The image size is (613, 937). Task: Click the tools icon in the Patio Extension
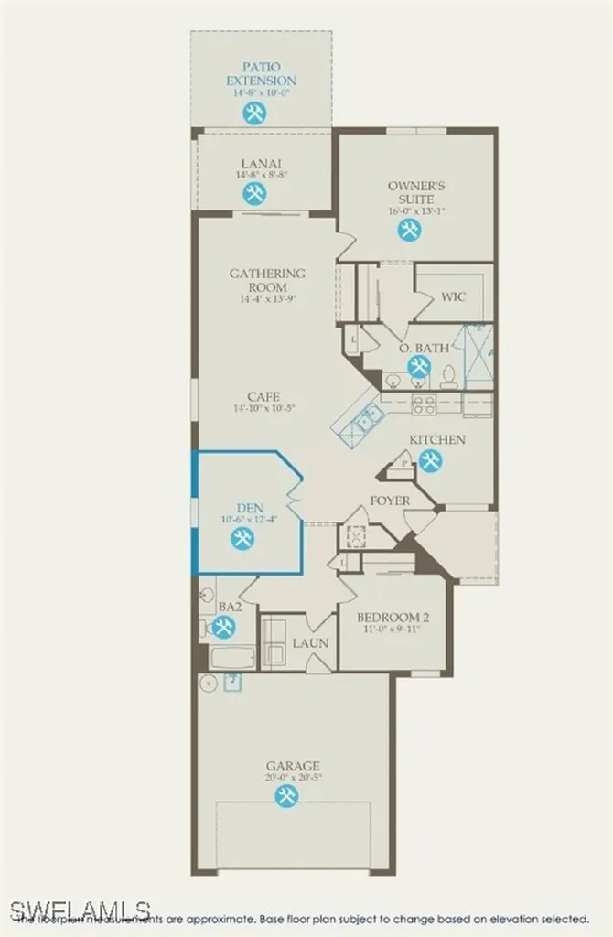click(x=254, y=113)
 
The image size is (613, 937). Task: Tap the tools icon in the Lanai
click(x=254, y=193)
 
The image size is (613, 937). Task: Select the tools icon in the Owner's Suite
click(x=409, y=230)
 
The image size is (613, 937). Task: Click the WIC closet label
click(x=455, y=297)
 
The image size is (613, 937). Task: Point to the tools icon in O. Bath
click(x=419, y=367)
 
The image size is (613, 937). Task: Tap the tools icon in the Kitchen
click(x=431, y=461)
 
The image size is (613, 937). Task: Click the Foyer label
click(x=390, y=501)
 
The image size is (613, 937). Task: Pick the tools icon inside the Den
click(x=242, y=538)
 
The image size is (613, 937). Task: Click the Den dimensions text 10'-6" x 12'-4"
click(x=248, y=519)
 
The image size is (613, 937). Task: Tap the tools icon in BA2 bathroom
click(x=222, y=627)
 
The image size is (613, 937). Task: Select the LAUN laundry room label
click(x=310, y=643)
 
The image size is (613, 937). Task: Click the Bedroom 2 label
click(x=393, y=617)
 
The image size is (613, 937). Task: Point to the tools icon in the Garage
click(x=286, y=796)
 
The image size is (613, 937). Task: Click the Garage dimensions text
click(x=293, y=778)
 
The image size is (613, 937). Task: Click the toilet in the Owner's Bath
click(x=448, y=376)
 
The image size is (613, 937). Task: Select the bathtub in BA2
click(x=232, y=657)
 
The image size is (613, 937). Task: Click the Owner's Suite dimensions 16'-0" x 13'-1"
click(x=409, y=211)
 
